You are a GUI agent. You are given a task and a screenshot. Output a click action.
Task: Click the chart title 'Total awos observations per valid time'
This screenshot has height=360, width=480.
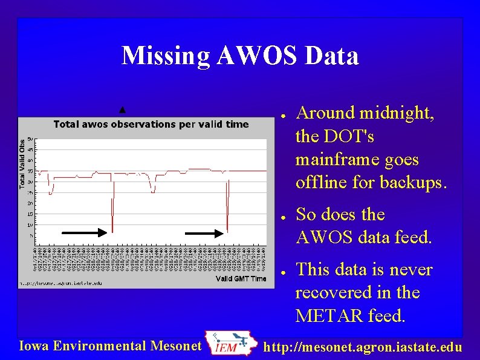pos(151,124)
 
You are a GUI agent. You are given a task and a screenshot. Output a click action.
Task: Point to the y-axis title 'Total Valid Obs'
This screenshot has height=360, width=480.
pos(22,162)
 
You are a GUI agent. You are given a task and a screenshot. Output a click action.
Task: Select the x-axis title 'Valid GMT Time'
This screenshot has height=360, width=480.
pos(241,279)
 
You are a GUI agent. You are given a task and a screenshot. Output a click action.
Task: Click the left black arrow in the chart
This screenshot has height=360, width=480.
pos(85,232)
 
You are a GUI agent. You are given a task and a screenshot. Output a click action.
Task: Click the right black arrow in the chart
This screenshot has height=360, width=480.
pos(204,232)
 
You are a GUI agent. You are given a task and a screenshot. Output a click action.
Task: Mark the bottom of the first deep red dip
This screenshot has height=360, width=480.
pos(112,232)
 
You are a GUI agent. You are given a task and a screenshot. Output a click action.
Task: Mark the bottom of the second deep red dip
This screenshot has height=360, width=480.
pos(227,231)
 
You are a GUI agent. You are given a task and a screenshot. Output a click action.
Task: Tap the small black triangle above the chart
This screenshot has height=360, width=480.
pos(123,110)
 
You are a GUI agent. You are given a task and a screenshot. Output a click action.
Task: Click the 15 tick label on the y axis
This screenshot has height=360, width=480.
pos(30,214)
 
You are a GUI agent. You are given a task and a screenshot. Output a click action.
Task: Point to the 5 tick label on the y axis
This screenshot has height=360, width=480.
pos(31,235)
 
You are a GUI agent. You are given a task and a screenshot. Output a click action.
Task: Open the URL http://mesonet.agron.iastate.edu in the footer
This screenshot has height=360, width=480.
pos(364,347)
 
